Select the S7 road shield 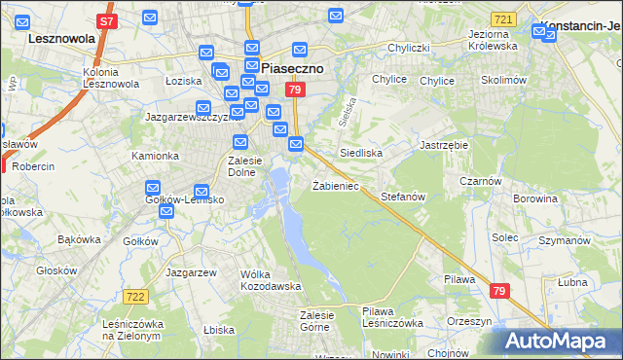coord(108,20)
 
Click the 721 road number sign coord(502,19)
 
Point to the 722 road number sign coord(135,296)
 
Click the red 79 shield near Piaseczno coord(296,90)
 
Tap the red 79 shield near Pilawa coord(499,291)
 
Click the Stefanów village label coord(403,197)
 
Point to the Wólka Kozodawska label coord(271,280)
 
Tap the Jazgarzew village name coord(191,272)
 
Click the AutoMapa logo coord(557,342)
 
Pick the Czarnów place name coord(482,181)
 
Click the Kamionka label coord(156,156)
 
